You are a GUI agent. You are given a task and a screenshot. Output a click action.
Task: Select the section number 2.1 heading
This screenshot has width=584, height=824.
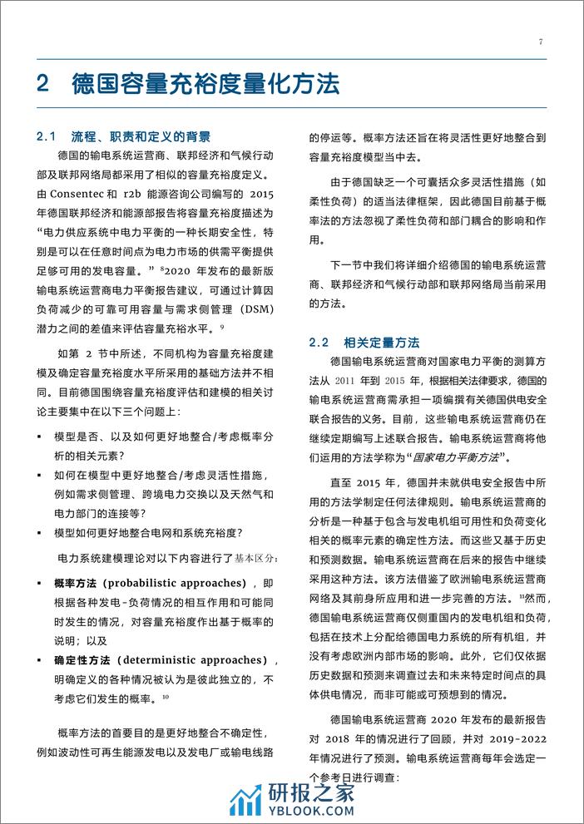point(52,136)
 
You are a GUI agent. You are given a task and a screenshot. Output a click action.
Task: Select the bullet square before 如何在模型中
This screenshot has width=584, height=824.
point(40,475)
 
